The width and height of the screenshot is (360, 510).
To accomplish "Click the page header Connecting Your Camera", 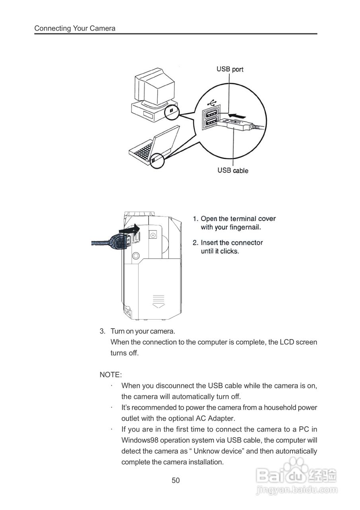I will (75, 28).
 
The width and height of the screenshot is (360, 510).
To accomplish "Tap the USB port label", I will (230, 69).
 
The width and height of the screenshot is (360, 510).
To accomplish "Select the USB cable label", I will (233, 171).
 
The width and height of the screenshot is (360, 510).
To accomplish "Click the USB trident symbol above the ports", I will (211, 102).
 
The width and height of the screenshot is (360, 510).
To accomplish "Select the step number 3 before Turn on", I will (102, 331).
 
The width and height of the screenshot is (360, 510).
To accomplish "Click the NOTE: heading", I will (111, 375).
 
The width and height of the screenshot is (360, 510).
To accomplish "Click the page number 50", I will (176, 480).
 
